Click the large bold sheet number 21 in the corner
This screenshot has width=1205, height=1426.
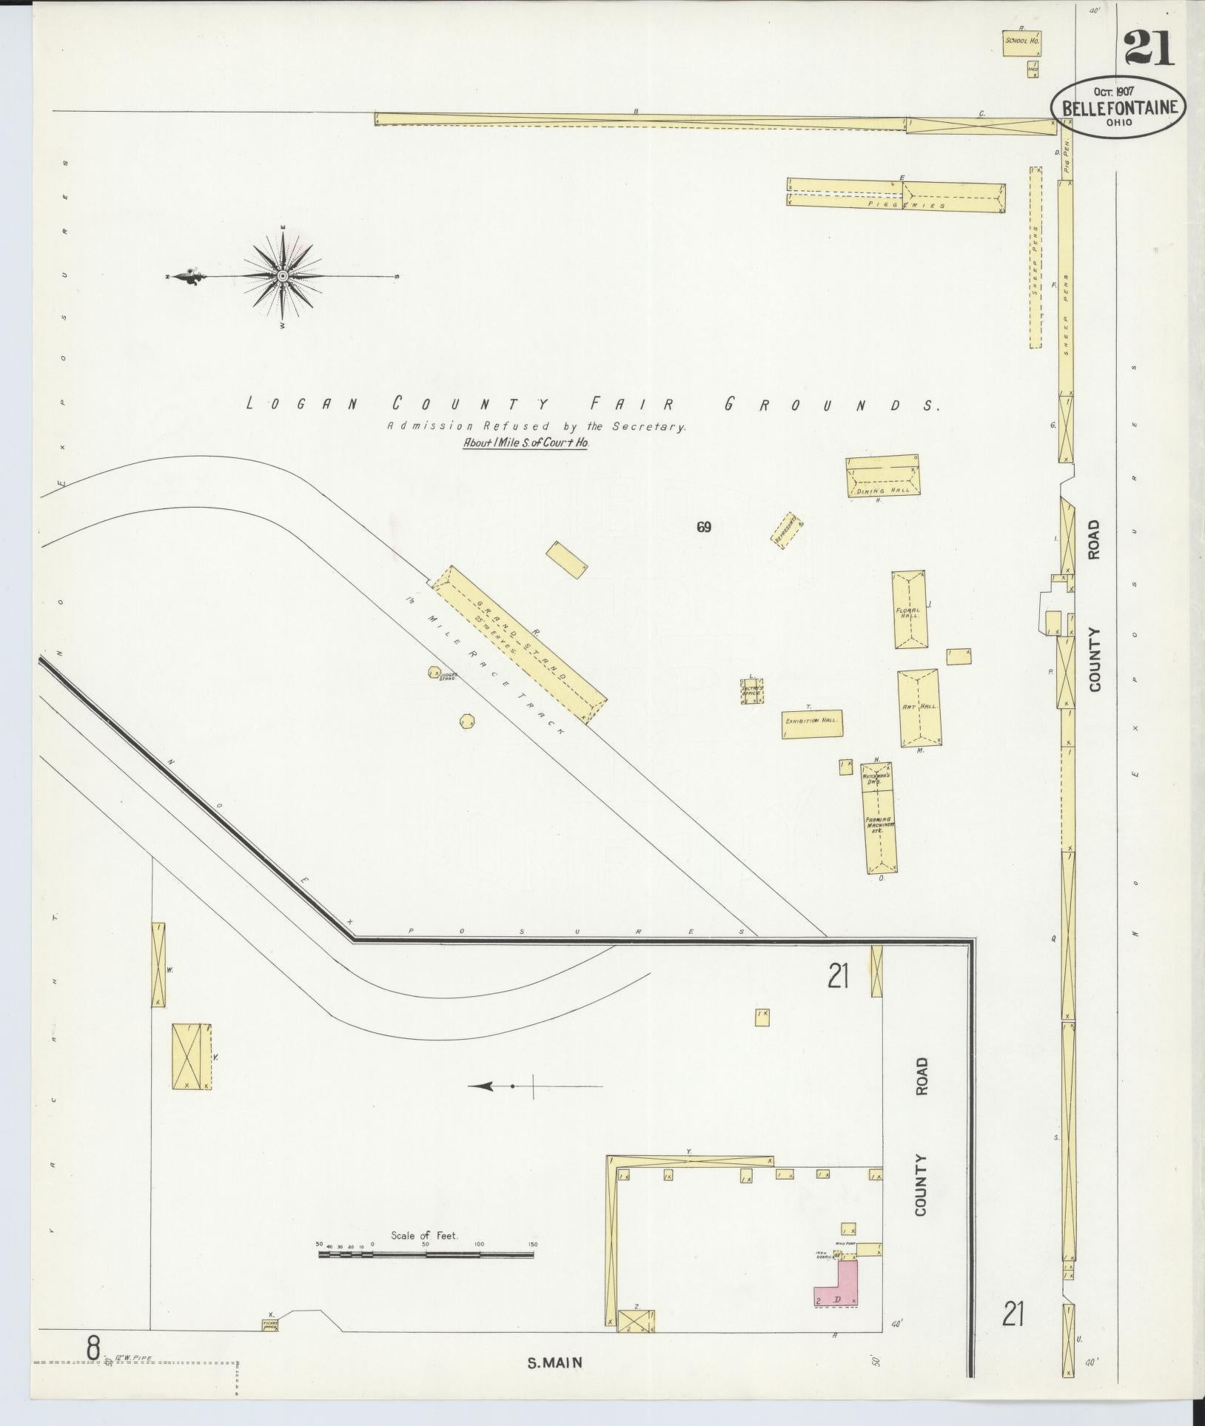pos(1149,50)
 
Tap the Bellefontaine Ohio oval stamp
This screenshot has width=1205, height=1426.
pos(1118,108)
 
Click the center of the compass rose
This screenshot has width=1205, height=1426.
pos(282,275)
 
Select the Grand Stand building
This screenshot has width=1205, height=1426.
pos(518,643)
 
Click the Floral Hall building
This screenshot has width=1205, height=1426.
pos(910,610)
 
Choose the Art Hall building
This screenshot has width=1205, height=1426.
pos(919,707)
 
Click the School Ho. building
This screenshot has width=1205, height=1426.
pos(1022,41)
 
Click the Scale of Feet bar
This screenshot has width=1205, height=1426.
pos(426,1254)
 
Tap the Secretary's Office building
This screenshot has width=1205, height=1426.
pos(752,690)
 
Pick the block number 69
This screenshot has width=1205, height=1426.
pos(703,527)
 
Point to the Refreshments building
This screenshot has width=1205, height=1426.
pos(787,530)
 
